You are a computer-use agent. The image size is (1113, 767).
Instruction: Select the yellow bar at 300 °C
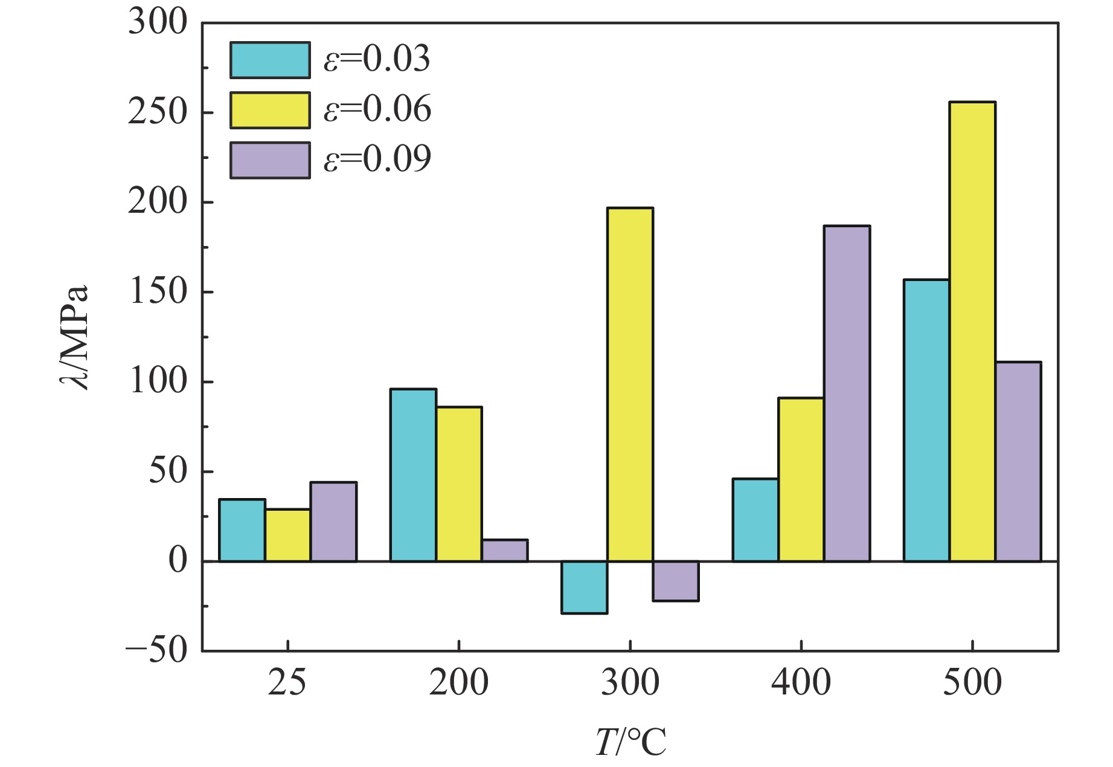[630, 384]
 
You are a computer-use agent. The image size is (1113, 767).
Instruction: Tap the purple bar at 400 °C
[847, 393]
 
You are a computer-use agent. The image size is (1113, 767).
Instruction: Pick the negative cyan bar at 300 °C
[584, 587]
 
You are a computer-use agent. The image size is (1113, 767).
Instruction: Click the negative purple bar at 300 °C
[676, 581]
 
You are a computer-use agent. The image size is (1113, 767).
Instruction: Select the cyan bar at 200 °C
[413, 475]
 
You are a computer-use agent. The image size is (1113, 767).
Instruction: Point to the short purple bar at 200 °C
[505, 550]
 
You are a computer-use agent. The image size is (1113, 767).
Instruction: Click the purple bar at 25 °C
[333, 522]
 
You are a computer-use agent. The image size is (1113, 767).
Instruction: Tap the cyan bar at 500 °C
[926, 420]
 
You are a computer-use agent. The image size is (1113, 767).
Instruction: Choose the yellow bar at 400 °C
[801, 479]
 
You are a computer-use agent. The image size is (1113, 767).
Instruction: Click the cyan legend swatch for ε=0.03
[270, 60]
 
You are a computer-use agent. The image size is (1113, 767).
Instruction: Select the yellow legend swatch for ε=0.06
[270, 110]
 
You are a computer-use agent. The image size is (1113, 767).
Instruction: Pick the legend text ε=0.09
[377, 160]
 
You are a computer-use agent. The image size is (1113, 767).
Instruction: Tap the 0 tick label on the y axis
[178, 561]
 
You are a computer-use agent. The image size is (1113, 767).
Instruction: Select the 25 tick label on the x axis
[287, 683]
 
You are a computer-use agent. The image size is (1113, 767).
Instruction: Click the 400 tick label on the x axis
[801, 683]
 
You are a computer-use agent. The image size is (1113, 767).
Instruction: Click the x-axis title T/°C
[630, 742]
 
